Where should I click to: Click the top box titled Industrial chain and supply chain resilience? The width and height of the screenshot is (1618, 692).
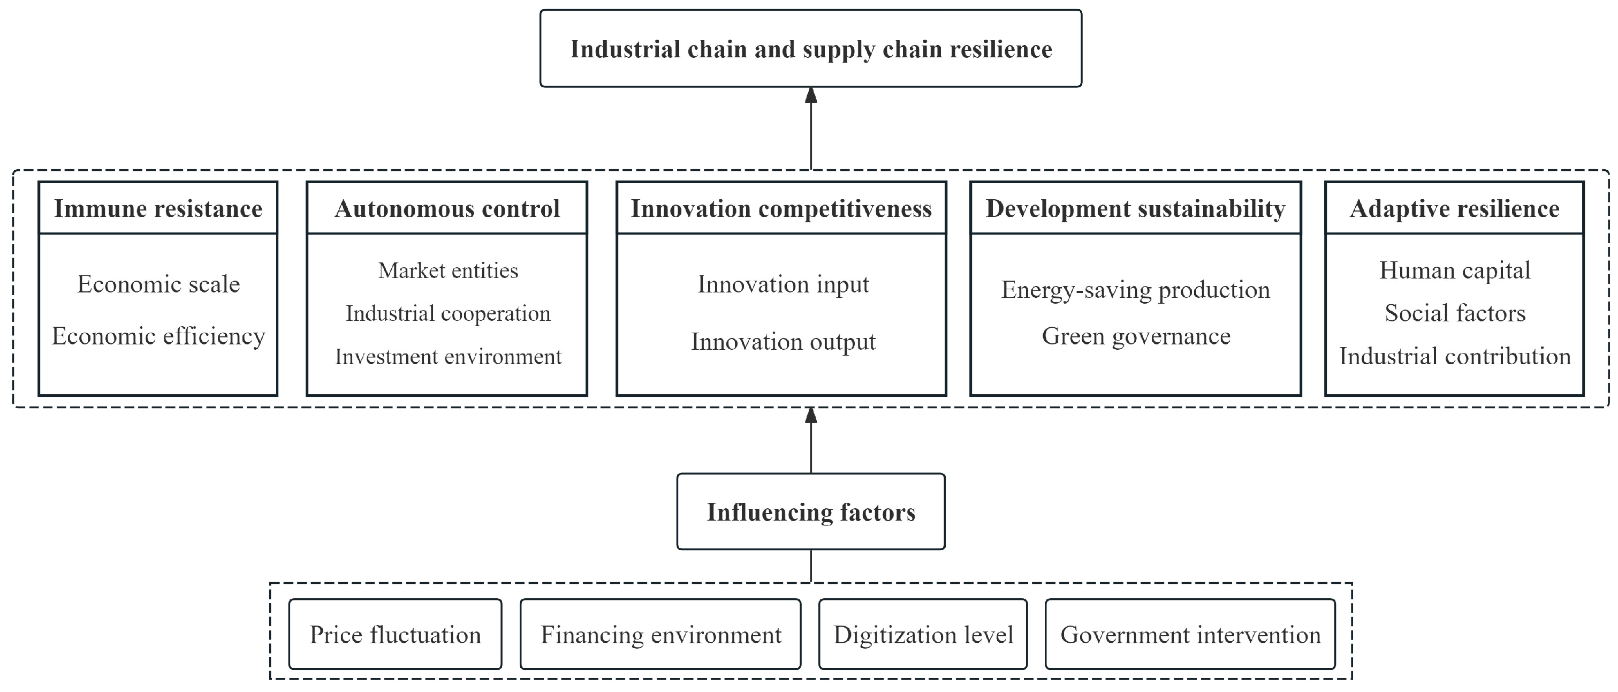tap(810, 49)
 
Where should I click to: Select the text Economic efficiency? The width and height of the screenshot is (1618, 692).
tap(158, 336)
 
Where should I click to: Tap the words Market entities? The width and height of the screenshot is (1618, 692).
tap(448, 271)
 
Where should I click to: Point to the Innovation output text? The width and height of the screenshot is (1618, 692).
tap(783, 342)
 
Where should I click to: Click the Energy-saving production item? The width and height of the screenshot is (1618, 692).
tap(1135, 290)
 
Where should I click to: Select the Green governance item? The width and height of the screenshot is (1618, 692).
tap(1136, 336)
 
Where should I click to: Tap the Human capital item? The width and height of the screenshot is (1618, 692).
tap(1454, 271)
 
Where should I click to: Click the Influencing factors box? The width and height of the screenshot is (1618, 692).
tap(810, 512)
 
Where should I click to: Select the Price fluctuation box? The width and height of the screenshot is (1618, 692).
tap(395, 634)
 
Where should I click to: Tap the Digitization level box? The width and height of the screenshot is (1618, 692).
tap(923, 634)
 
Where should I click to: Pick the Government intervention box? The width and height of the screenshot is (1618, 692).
tap(1190, 634)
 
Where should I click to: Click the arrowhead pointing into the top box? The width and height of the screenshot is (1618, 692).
tap(811, 95)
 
